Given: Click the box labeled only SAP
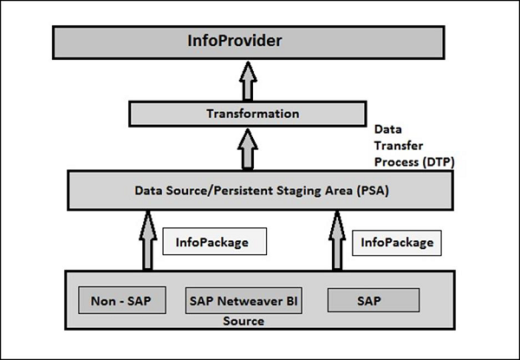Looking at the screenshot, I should click(374, 301).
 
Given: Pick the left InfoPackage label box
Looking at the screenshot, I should click(212, 242).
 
